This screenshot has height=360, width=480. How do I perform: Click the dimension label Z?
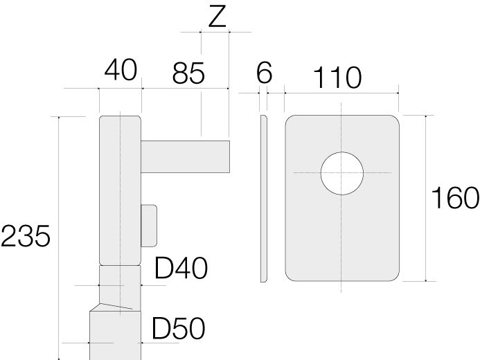(217, 17)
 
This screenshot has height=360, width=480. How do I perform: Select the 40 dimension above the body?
(121, 71)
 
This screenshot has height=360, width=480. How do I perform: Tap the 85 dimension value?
(188, 73)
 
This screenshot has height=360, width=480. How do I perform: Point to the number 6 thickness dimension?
(264, 73)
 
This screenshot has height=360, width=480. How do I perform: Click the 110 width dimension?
(337, 78)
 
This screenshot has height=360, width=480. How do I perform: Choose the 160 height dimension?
(455, 198)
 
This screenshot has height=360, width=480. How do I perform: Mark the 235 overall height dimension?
(25, 236)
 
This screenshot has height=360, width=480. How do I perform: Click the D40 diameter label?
(181, 268)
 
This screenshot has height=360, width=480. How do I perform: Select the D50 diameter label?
(179, 328)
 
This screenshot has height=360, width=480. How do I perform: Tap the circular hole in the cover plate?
(342, 173)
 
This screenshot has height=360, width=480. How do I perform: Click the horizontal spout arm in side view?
(185, 156)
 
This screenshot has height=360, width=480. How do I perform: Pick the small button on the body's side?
(149, 226)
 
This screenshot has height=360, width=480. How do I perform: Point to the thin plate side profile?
(264, 199)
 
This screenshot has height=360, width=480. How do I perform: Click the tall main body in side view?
(121, 190)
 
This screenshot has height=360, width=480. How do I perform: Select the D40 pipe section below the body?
(120, 287)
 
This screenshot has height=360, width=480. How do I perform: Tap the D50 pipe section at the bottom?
(115, 335)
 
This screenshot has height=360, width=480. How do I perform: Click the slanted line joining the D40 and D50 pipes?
(117, 306)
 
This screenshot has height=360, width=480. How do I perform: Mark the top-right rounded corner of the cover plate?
(395, 120)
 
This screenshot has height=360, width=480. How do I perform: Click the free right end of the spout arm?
(229, 156)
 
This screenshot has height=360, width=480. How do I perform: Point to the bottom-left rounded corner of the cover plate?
(290, 276)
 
